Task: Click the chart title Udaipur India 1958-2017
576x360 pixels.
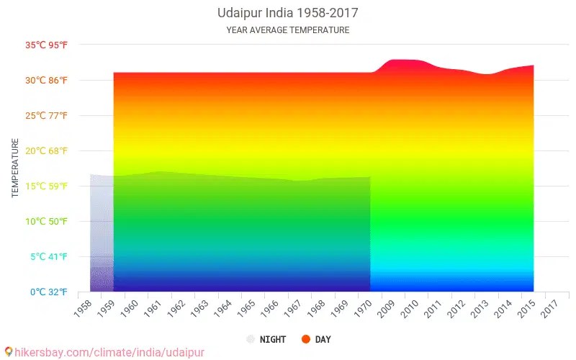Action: pos(287,13)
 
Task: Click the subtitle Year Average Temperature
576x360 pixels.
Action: pos(287,30)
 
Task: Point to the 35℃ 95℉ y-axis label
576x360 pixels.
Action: pos(47,45)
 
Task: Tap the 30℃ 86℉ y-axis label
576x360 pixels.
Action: pos(47,81)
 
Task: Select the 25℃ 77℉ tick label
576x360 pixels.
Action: pos(47,116)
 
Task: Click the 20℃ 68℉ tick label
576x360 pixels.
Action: pos(47,151)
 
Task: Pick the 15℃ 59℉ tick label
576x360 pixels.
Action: pos(47,186)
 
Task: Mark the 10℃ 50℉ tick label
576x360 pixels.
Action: pos(47,222)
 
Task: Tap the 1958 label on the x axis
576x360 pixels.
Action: pos(84,308)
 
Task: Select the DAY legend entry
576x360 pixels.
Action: pos(317,339)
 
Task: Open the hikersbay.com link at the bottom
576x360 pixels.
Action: pos(104,353)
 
